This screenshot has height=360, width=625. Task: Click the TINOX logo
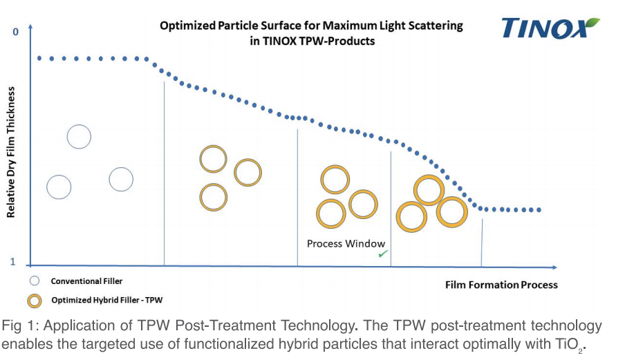(x=547, y=28)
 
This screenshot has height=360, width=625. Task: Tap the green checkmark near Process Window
(x=382, y=254)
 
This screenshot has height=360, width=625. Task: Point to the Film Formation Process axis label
(x=501, y=285)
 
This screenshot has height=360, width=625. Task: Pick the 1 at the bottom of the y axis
(x=12, y=261)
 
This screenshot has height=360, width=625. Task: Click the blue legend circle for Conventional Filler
(x=35, y=281)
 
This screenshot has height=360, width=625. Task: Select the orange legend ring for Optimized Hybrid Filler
(x=35, y=300)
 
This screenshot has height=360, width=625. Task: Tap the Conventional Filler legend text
(x=86, y=281)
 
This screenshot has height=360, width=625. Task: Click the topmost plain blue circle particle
(x=79, y=136)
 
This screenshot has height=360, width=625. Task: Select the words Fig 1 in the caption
(x=17, y=325)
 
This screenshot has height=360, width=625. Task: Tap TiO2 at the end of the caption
(x=572, y=344)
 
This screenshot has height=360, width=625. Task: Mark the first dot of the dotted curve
(x=39, y=58)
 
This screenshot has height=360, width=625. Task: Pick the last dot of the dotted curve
(x=539, y=209)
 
